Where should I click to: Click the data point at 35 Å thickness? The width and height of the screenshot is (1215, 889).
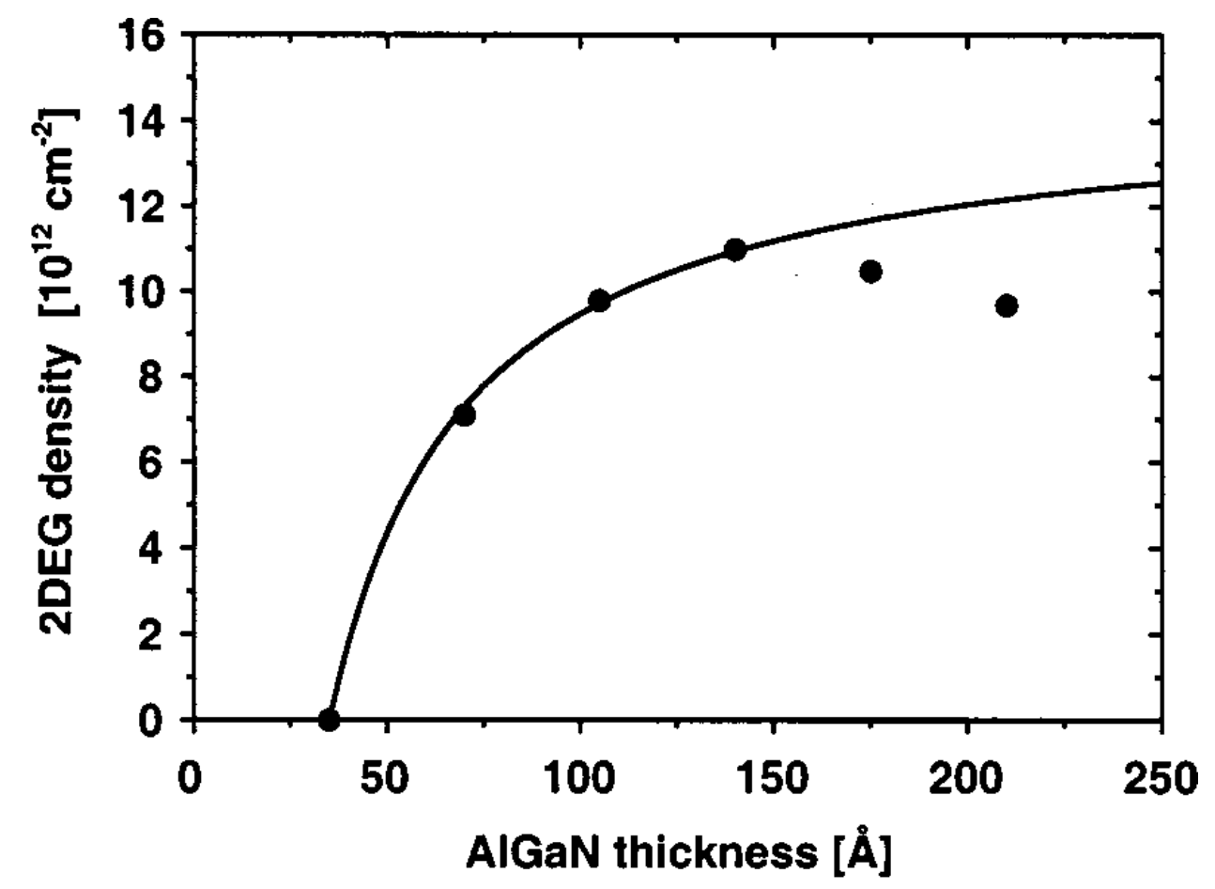(329, 720)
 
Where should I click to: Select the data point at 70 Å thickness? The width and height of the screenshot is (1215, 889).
(464, 415)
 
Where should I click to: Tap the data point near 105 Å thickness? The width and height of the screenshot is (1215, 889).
(599, 301)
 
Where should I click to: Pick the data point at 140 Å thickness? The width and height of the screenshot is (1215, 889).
(735, 249)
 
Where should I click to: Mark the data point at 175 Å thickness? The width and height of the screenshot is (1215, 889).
(870, 272)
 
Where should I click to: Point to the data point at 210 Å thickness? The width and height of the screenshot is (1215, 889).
(1007, 305)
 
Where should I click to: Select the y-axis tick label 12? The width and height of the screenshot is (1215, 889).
(146, 206)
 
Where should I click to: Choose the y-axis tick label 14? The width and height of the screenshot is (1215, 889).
(146, 121)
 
